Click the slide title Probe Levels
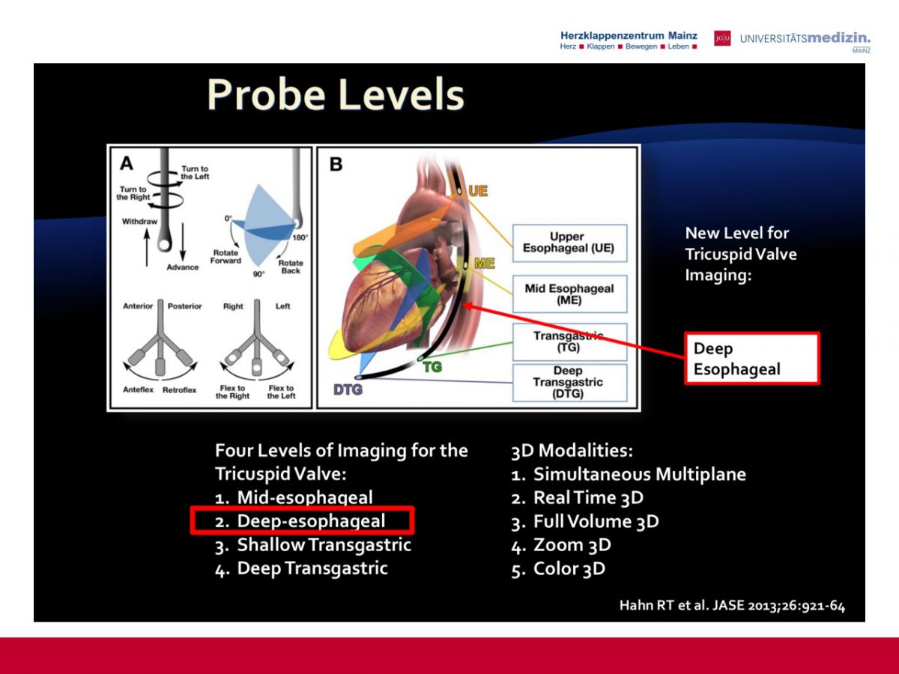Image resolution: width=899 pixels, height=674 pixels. (x=336, y=95)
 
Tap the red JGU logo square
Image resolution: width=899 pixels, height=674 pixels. (x=722, y=38)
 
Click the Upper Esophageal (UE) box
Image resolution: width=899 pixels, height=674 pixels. (x=569, y=243)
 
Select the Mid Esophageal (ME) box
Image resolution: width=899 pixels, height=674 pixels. (x=569, y=294)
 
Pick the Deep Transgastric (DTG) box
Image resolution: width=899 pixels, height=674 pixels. (x=569, y=382)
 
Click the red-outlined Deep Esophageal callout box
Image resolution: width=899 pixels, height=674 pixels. (x=752, y=359)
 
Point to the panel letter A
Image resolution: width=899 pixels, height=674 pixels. (x=127, y=163)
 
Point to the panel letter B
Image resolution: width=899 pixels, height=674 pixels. (x=336, y=165)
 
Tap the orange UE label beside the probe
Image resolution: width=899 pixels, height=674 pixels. (x=477, y=191)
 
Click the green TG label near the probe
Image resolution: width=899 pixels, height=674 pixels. (x=432, y=367)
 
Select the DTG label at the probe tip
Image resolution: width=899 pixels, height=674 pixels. (x=348, y=389)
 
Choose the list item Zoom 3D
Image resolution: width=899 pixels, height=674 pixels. (x=561, y=544)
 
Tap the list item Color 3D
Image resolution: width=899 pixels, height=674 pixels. (x=558, y=568)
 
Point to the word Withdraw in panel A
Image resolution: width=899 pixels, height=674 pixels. (x=139, y=222)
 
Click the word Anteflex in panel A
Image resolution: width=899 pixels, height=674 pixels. (x=138, y=389)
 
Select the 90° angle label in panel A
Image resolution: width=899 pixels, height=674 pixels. (x=258, y=274)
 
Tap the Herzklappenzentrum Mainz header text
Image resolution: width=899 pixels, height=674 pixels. (x=629, y=36)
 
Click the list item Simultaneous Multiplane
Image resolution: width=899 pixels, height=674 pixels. (x=629, y=474)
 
